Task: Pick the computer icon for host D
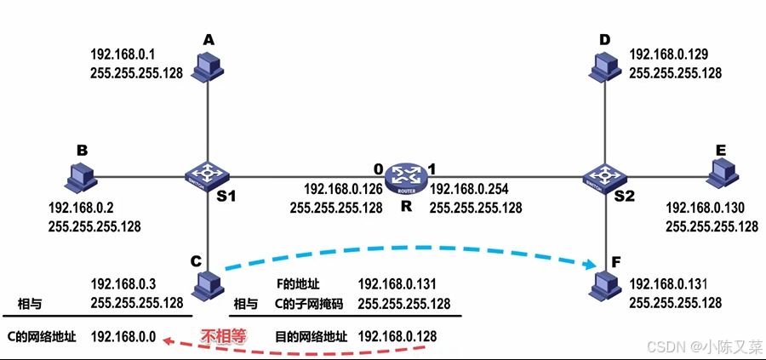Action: pos(606,66)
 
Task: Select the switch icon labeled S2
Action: pos(606,176)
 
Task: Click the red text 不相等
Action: pos(223,335)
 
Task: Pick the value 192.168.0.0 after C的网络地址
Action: pos(123,336)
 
